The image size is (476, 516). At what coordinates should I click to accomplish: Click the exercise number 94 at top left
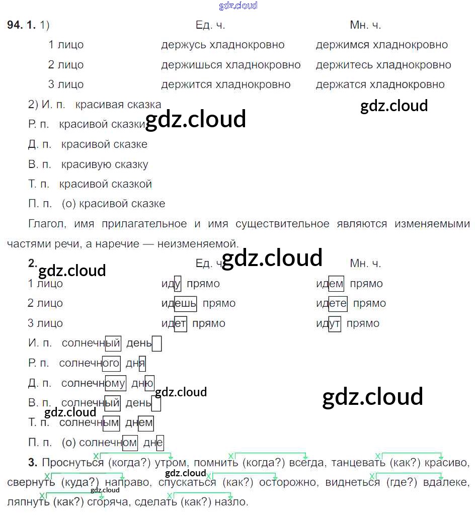pos(15,25)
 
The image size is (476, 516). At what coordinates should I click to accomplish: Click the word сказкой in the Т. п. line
pos(133,184)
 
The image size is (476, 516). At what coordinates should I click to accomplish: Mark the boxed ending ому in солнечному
pos(115,383)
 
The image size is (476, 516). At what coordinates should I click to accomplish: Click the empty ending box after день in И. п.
pos(156,343)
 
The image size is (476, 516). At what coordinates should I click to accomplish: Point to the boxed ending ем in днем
pos(145,423)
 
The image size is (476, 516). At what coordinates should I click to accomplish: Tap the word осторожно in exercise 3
pos(288,482)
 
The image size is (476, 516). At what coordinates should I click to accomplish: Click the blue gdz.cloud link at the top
pos(238,6)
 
